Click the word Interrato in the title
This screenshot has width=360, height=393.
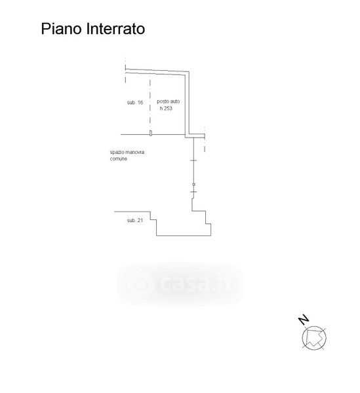tap(115, 29)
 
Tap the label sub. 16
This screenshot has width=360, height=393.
tap(135, 103)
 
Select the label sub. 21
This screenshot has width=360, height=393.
tap(134, 220)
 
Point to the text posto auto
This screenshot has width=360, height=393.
tap(168, 102)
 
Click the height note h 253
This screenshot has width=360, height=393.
tap(166, 108)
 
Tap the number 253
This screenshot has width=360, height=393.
tap(168, 108)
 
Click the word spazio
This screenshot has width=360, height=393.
tap(117, 153)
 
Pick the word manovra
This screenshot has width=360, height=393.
tap(134, 152)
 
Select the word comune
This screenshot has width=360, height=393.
tap(119, 159)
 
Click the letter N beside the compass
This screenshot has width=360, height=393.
tap(304, 320)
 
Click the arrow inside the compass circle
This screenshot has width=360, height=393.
tap(314, 338)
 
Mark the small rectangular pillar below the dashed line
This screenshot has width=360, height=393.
tap(151, 133)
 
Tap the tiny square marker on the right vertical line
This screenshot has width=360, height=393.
tap(193, 185)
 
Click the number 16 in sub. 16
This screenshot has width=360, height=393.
tap(140, 103)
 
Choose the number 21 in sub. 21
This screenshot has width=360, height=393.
tap(140, 220)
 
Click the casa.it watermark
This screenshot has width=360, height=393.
tap(180, 284)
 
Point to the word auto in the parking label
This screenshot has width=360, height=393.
tap(174, 102)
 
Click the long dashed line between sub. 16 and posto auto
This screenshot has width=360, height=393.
tap(150, 103)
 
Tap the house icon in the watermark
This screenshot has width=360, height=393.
tap(140, 284)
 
